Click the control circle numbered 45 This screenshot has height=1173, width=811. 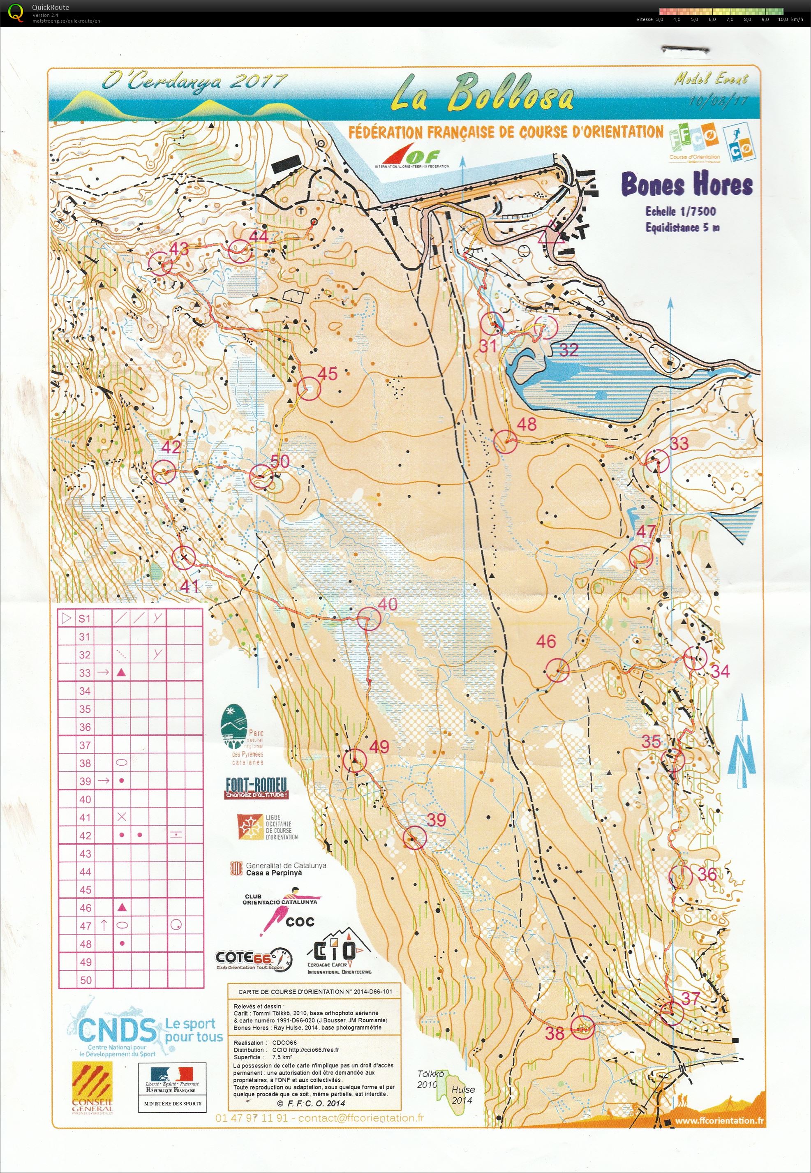pos(310,389)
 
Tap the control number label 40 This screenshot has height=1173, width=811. pos(387,604)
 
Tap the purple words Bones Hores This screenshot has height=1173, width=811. pos(686,185)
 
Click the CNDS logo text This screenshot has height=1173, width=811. pos(117,1029)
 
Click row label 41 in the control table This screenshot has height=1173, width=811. pos(85,817)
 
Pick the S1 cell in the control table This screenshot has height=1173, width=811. pos(84,618)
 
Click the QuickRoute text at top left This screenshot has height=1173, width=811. pos(50,7)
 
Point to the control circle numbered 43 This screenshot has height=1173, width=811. pos(161,265)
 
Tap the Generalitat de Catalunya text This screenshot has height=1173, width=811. pos(286,865)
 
